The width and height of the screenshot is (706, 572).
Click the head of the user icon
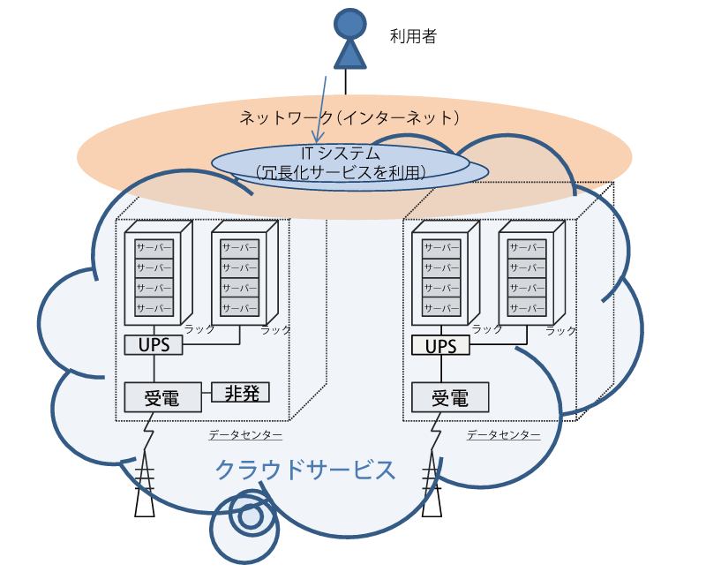(349, 25)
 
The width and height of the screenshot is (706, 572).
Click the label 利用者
(413, 36)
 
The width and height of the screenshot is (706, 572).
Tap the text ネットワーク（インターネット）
(349, 117)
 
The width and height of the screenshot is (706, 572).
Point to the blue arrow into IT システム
(321, 109)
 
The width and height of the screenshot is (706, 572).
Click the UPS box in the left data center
(154, 345)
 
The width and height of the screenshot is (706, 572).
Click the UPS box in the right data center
(440, 346)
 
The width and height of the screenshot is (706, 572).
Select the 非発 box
(240, 392)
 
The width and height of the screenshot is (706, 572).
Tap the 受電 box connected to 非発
(162, 397)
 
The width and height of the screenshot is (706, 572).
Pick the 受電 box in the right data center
(450, 397)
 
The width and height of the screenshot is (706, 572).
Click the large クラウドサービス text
(305, 470)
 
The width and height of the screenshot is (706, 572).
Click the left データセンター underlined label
(245, 434)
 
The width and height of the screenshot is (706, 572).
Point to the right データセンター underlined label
(503, 434)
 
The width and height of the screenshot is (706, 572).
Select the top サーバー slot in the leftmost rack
(154, 248)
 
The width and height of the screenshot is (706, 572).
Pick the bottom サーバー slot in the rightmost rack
(527, 307)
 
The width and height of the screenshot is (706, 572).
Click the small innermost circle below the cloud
(250, 517)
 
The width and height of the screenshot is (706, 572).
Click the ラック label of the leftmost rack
(199, 329)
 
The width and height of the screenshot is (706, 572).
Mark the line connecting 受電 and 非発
(207, 393)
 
